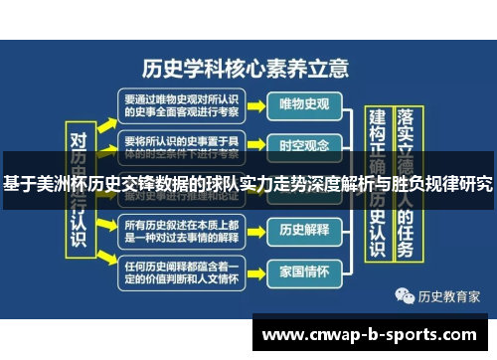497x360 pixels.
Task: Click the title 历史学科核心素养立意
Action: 247,69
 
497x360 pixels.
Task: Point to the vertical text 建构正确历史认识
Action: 377,189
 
